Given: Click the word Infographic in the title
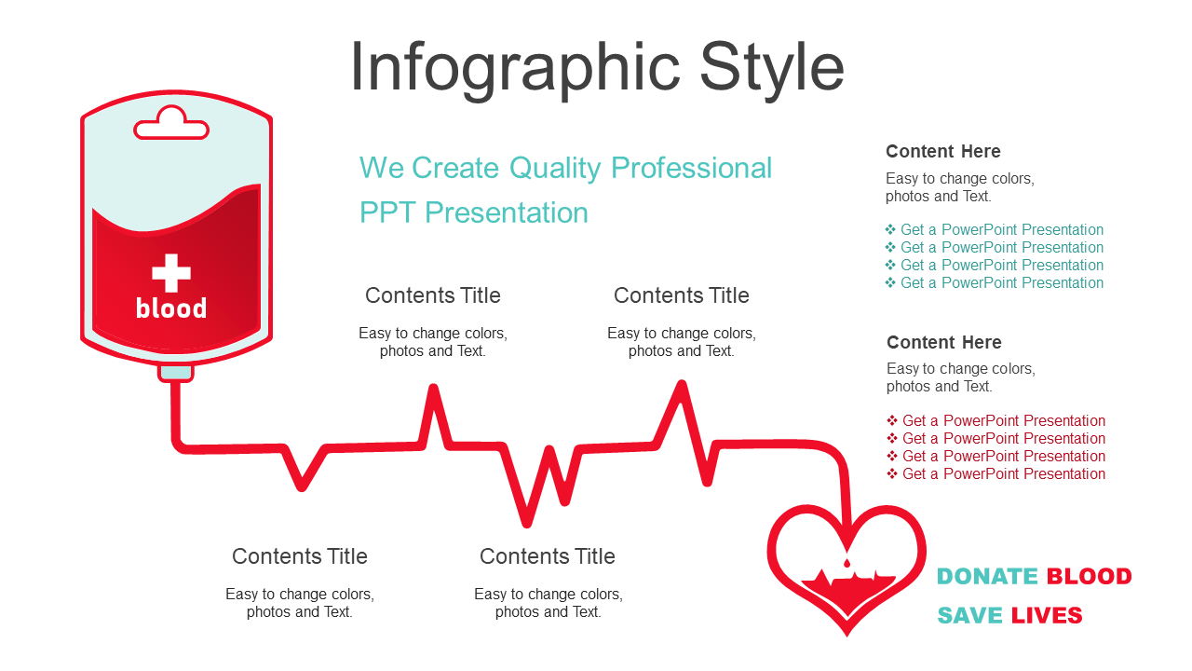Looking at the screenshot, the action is click(515, 69).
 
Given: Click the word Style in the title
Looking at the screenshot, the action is click(772, 69).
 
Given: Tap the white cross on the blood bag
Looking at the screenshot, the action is click(171, 273).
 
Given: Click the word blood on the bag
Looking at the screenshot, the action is click(171, 308).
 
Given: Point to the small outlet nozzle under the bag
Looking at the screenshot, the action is click(176, 373).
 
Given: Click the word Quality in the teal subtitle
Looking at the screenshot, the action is click(555, 169).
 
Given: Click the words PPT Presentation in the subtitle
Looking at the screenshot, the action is click(474, 213).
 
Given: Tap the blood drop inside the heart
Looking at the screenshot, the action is click(847, 563).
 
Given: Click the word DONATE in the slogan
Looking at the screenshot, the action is click(987, 576).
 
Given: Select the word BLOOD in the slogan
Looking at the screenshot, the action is click(1090, 576).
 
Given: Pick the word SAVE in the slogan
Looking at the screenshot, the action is click(969, 616).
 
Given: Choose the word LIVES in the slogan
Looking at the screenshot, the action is click(1047, 616).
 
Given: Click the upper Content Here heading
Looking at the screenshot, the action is click(943, 151).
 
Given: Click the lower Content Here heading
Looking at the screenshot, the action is click(944, 342).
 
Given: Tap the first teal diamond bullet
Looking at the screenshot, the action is click(890, 229).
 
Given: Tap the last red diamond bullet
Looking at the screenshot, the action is click(892, 473).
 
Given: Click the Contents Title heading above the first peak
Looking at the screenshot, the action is click(433, 295).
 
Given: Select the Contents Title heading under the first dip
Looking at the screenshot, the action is click(300, 556).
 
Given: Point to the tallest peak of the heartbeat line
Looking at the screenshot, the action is click(682, 385).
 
